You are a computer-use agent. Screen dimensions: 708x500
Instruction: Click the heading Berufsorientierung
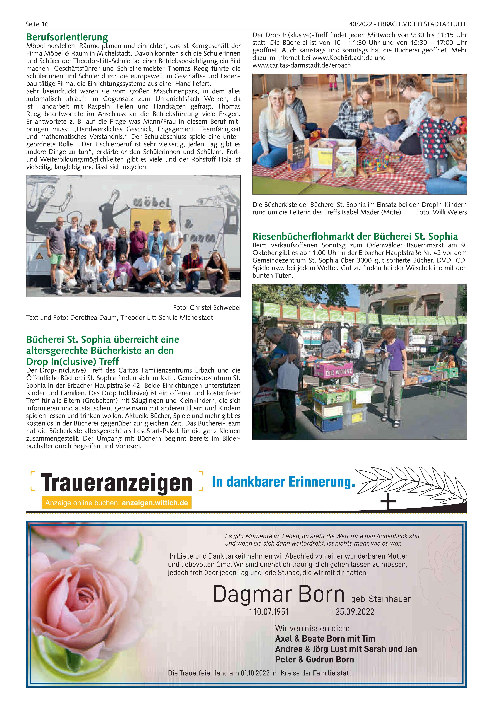click(x=67, y=37)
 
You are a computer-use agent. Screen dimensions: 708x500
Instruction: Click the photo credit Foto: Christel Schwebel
click(x=207, y=307)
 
